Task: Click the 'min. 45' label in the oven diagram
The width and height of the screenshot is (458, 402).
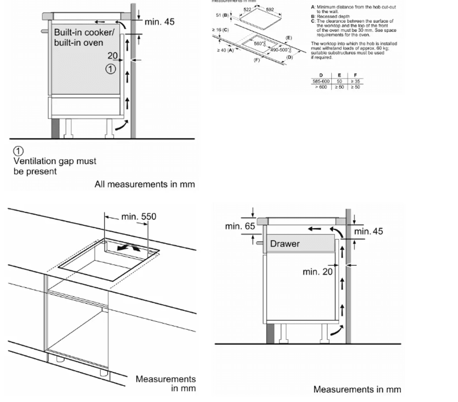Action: click(x=159, y=21)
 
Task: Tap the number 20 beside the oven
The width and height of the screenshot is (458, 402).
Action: click(x=113, y=56)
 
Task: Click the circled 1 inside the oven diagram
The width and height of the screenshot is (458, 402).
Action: click(x=110, y=69)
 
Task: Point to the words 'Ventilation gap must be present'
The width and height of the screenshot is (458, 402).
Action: click(x=55, y=166)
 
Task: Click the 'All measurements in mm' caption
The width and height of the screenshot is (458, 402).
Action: click(x=144, y=184)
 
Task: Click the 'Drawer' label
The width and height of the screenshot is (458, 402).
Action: click(x=284, y=244)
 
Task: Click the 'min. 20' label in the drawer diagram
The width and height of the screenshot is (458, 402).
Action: click(x=317, y=272)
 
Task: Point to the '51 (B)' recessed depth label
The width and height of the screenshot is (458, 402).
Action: click(x=222, y=16)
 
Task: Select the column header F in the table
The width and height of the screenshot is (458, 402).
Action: click(x=355, y=75)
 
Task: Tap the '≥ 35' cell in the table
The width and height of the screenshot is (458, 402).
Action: click(x=355, y=81)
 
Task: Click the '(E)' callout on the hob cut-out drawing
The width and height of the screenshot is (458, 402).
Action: click(x=289, y=37)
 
